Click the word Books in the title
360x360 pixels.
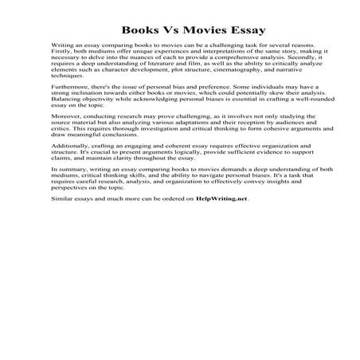124,25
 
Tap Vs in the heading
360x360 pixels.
162,25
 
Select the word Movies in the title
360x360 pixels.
199,25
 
